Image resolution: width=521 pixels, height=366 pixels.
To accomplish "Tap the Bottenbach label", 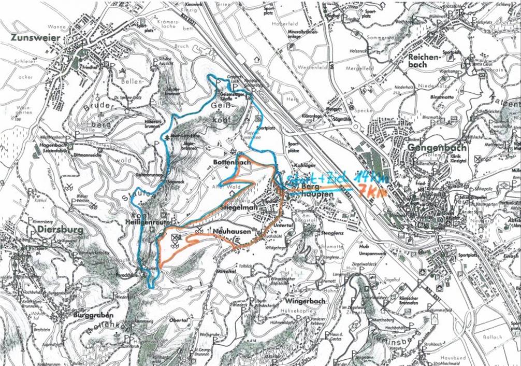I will click(x=231, y=163).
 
